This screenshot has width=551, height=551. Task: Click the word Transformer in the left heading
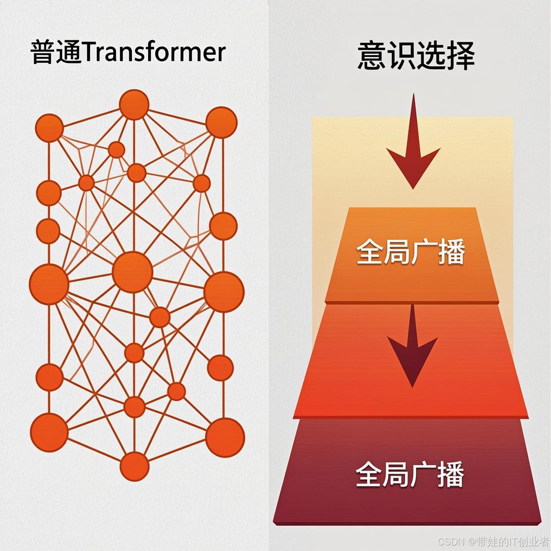click(153, 53)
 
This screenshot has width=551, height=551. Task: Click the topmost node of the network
click(134, 105)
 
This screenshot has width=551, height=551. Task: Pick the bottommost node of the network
click(135, 467)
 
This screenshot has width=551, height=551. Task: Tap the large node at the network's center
click(133, 272)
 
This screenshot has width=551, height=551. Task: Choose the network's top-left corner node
click(49, 128)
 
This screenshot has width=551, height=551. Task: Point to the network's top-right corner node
click(221, 123)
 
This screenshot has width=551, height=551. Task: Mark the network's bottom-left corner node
click(49, 432)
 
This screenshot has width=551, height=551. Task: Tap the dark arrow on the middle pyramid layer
click(412, 349)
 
